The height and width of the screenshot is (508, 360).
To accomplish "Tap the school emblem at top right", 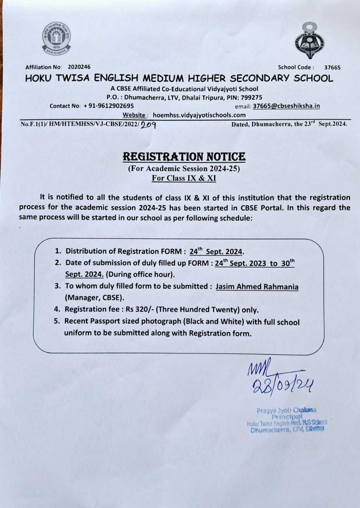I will tap(309, 41).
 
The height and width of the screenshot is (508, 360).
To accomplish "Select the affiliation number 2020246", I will tap(79, 67).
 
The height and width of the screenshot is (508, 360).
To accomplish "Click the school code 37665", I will tap(332, 67).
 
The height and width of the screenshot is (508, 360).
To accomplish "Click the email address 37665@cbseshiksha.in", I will tap(286, 106).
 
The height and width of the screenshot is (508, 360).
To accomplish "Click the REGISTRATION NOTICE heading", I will tap(184, 157).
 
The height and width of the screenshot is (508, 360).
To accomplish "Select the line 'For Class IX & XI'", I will tap(184, 178).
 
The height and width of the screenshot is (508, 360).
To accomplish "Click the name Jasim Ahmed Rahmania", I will tap(257, 287).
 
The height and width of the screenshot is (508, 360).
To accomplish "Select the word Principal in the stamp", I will tap(285, 417).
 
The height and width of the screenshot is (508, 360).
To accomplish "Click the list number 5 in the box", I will tap(57, 322).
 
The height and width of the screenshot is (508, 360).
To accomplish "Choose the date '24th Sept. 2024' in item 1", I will tap(216, 252).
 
